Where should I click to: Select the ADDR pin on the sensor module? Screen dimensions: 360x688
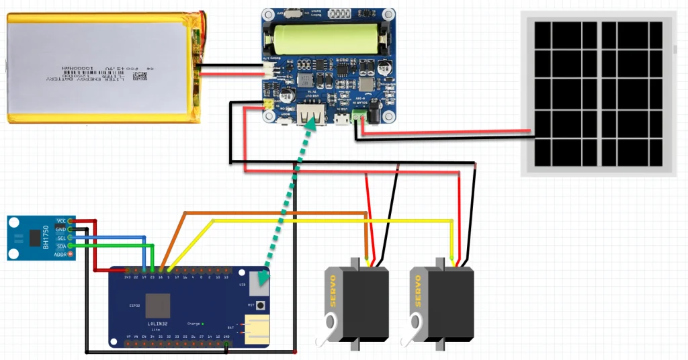coord(71,255)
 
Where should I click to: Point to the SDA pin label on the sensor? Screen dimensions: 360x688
coord(61,246)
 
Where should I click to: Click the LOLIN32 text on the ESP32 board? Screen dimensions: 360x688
coord(157,324)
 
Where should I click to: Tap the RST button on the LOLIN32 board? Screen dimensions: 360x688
coord(258,305)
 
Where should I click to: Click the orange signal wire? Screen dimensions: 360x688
coord(275,214)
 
